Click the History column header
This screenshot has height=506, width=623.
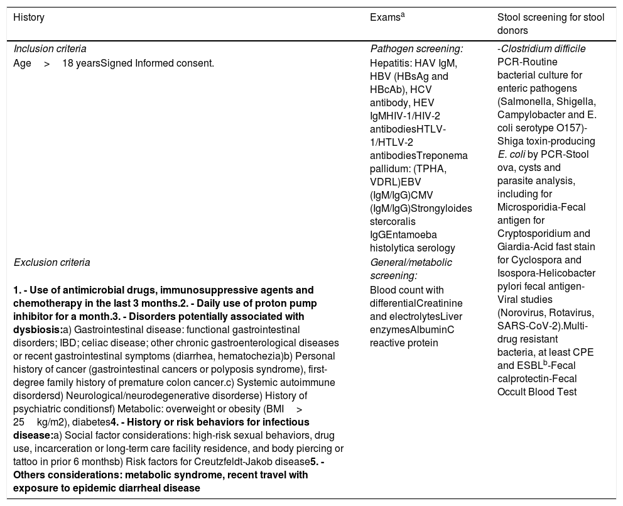coord(29,18)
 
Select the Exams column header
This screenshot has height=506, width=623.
coord(386,18)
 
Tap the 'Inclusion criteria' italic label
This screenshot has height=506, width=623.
coord(50,48)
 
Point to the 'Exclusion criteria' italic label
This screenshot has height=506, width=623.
coord(51,262)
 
